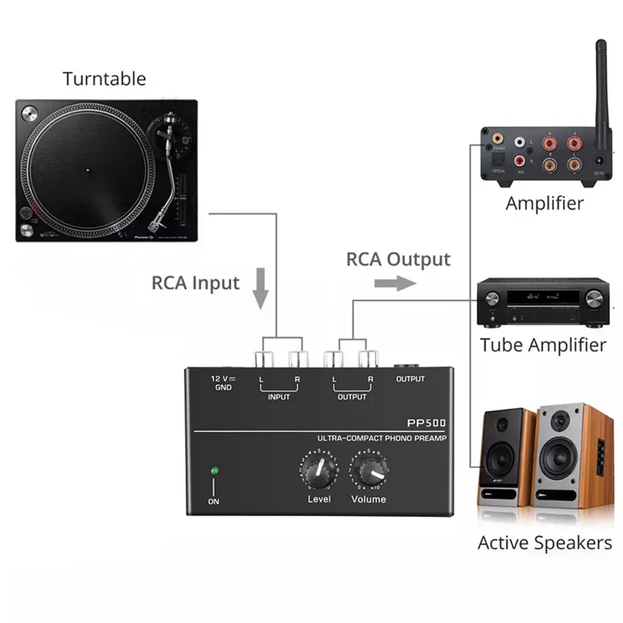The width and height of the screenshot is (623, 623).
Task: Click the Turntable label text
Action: pos(104,79)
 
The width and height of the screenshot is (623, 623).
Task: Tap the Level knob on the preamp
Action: pos(318,471)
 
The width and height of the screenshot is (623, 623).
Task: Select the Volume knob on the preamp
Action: pos(369,471)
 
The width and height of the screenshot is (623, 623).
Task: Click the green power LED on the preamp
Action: pos(213,470)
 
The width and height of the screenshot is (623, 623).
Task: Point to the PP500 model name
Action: pos(428,423)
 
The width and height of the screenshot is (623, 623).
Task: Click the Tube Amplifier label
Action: pos(543,344)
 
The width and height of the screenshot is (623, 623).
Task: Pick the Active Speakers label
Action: pos(544,543)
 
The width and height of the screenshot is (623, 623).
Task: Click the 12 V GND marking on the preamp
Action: pos(223,382)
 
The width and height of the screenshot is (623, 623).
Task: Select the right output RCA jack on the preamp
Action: pos(368,360)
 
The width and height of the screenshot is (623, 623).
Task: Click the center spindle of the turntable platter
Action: pos(87,168)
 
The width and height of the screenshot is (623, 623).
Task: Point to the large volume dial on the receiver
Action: pos(594,298)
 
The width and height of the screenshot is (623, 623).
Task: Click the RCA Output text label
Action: pos(398,259)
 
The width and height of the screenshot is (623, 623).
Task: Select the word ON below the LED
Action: pos(213,502)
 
